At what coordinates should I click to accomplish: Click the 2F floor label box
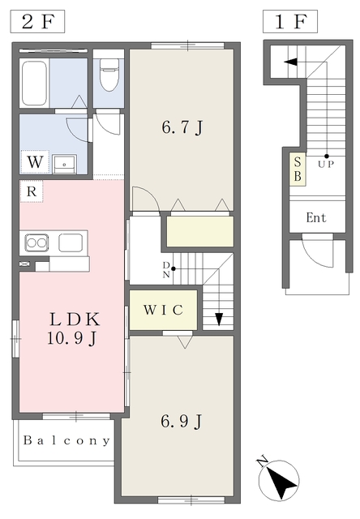pyautogui.click(x=37, y=22)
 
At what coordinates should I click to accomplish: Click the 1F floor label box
pyautogui.click(x=290, y=22)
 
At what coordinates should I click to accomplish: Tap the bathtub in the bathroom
pyautogui.click(x=34, y=83)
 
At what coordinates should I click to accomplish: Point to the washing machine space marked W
pyautogui.click(x=35, y=162)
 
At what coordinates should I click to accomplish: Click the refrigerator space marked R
pyautogui.click(x=32, y=191)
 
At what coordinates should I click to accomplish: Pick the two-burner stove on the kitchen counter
pyautogui.click(x=37, y=242)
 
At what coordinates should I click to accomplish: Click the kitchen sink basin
pyautogui.click(x=71, y=242)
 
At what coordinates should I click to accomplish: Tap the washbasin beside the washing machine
pyautogui.click(x=65, y=164)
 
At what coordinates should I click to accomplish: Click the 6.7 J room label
pyautogui.click(x=182, y=127)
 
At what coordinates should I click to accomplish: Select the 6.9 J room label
pyautogui.click(x=182, y=422)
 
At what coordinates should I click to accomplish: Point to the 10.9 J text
pyautogui.click(x=72, y=338)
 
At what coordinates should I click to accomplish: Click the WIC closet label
pyautogui.click(x=163, y=310)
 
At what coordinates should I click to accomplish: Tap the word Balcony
pyautogui.click(x=66, y=440)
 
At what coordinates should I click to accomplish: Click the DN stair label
pyautogui.click(x=166, y=270)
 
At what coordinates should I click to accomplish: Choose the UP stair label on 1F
pyautogui.click(x=326, y=164)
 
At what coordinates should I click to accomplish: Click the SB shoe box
pyautogui.click(x=298, y=169)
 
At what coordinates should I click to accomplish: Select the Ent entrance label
pyautogui.click(x=316, y=218)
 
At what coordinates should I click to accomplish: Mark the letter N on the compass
pyautogui.click(x=263, y=461)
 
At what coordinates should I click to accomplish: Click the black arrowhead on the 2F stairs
pyautogui.click(x=219, y=319)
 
